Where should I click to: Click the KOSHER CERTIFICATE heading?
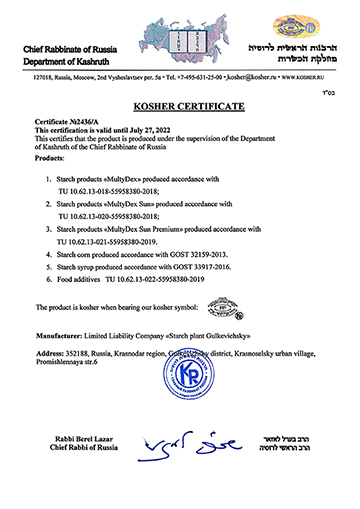pyautogui.click(x=180, y=103)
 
